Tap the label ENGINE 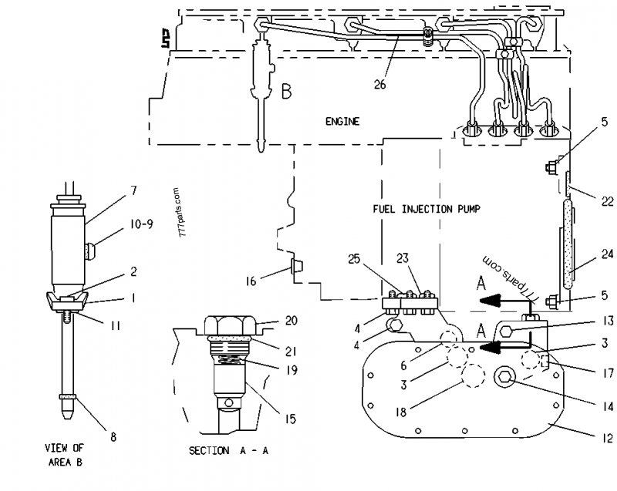coord(342,122)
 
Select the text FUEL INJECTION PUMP coord(427,208)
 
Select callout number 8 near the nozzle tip coord(113,437)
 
